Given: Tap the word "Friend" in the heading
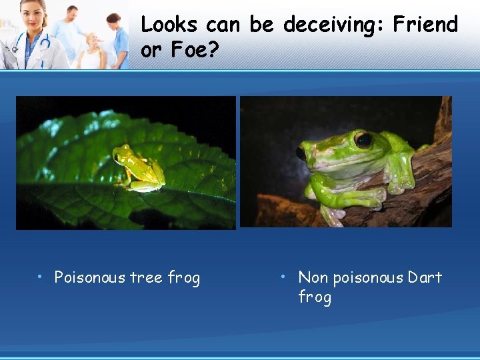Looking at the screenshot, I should click(x=425, y=25).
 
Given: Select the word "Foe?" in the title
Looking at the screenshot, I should click(x=199, y=50).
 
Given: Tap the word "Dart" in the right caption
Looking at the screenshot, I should click(x=425, y=277).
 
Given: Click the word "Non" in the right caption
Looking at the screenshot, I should click(x=313, y=277).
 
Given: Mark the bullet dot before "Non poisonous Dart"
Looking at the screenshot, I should click(x=284, y=276).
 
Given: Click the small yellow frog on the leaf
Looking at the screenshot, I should click(x=138, y=167).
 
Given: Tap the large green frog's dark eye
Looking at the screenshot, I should click(x=363, y=140).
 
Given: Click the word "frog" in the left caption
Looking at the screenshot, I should click(x=184, y=277).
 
